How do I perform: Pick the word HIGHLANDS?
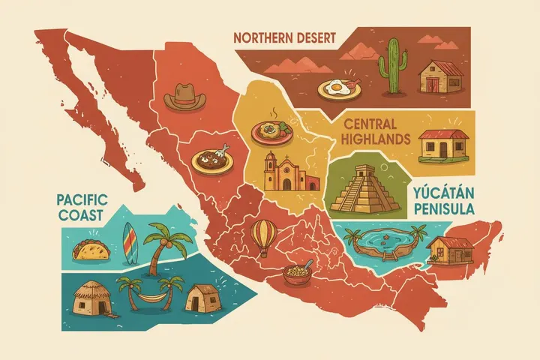pos(375,139)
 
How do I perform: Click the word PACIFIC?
pos(82,200)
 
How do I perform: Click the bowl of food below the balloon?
pos(297,273)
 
